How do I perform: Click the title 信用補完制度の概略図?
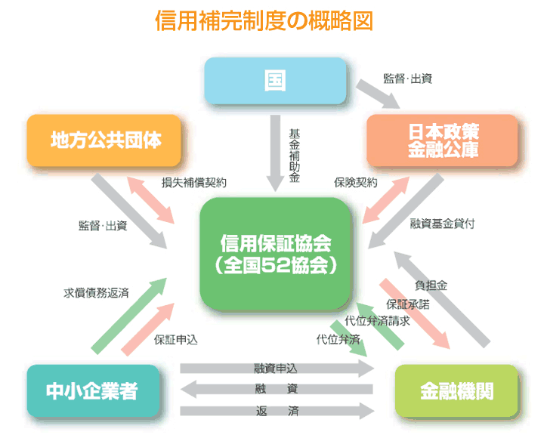tap(264, 20)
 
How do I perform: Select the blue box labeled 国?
tap(275, 80)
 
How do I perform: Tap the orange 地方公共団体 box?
tap(105, 140)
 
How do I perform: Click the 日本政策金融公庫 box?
tap(441, 140)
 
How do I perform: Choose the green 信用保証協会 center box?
tap(275, 254)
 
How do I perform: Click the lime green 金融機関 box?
tap(457, 391)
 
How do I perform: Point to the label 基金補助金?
tap(295, 156)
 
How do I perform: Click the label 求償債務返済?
tap(95, 293)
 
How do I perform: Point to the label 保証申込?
tap(175, 340)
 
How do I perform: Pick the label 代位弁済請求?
tap(377, 320)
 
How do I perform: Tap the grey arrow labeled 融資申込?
tap(277, 369)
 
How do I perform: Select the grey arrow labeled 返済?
tap(277, 412)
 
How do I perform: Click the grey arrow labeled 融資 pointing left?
tap(277, 390)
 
